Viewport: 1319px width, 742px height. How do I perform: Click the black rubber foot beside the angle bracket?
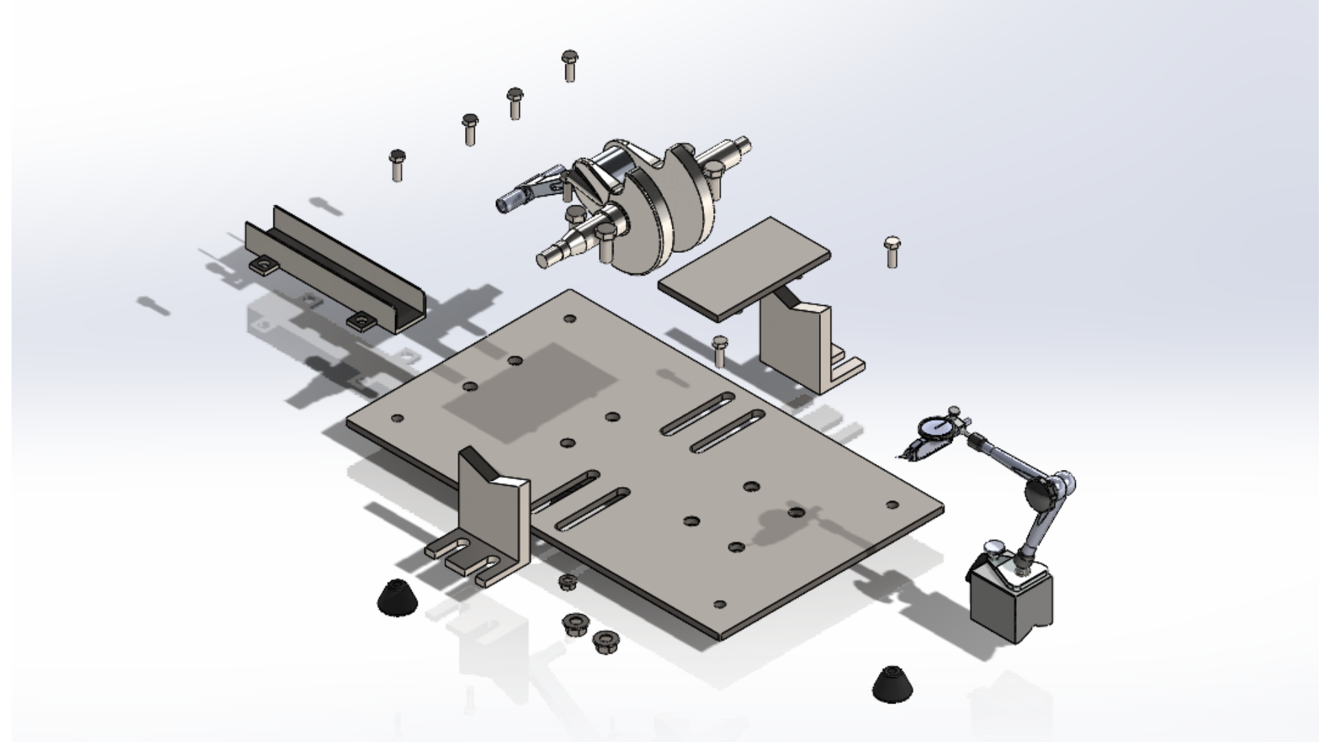[397, 598]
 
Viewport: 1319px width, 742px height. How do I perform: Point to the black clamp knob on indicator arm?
[1039, 492]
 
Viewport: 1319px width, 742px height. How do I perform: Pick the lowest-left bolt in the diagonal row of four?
[397, 165]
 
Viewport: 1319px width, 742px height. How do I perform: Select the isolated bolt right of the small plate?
[892, 251]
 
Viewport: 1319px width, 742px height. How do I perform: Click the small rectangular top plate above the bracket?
[744, 269]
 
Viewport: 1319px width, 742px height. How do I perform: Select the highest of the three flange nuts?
[567, 582]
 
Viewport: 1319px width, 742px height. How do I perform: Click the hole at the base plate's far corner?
[569, 319]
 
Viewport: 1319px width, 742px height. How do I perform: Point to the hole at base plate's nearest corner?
[719, 605]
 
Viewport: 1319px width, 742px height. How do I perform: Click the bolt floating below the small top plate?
[719, 350]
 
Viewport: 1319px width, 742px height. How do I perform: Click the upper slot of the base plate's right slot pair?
[697, 414]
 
